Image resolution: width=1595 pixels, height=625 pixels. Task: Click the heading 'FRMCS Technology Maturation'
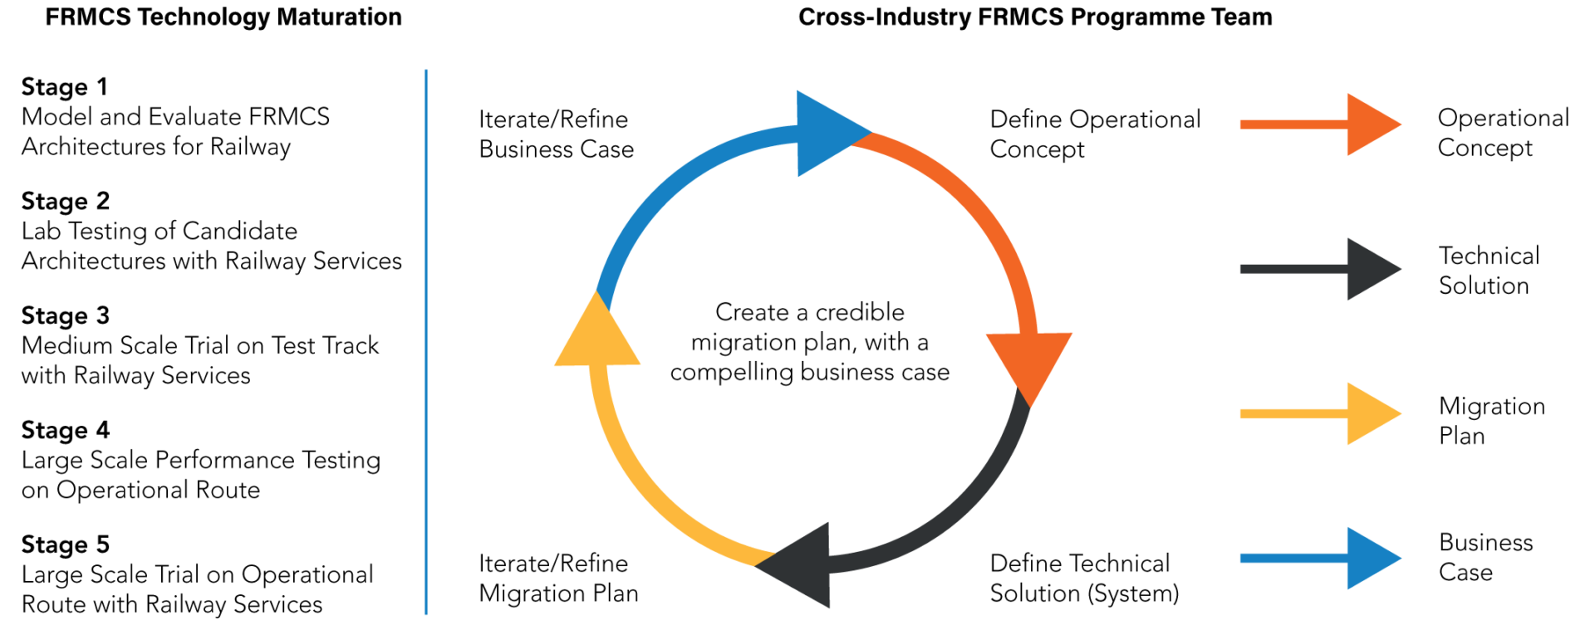[x=223, y=17]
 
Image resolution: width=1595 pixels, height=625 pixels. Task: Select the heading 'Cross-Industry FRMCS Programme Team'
[x=1034, y=17]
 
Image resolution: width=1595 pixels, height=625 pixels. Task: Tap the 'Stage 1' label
[x=64, y=87]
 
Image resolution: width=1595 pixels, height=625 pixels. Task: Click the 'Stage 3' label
[x=65, y=316]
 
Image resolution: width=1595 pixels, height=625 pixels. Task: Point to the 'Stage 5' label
[x=65, y=545]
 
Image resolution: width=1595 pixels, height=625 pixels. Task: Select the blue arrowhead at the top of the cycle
[x=826, y=133]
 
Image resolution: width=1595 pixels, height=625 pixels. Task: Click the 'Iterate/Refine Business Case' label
[x=556, y=134]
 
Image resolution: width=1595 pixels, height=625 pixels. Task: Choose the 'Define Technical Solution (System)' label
[x=1083, y=579]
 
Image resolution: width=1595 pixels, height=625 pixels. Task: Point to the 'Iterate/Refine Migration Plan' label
[x=558, y=579]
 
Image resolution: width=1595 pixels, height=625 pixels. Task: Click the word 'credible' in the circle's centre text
[x=859, y=313]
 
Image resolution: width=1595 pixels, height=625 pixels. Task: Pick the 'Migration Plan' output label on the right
[x=1491, y=421]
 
